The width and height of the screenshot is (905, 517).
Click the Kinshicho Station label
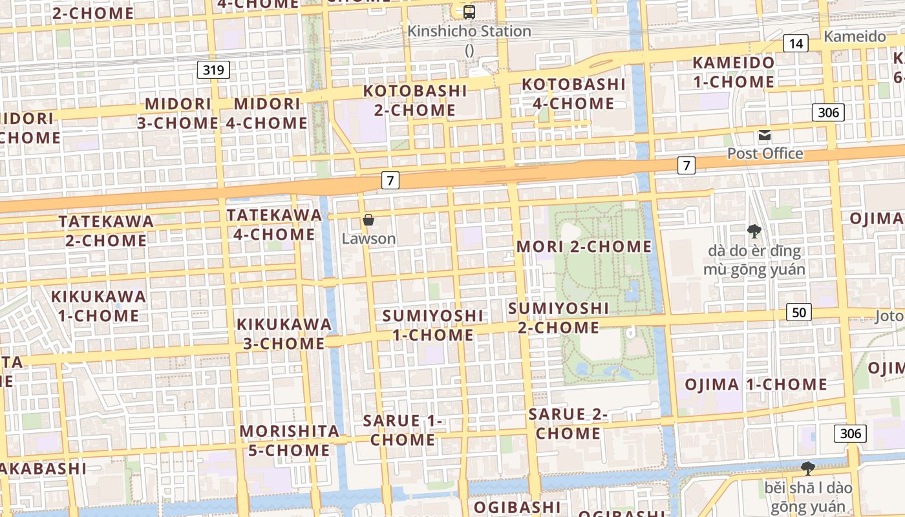[469, 31]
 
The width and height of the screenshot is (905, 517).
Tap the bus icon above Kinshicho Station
[469, 12]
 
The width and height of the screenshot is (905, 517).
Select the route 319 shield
[213, 70]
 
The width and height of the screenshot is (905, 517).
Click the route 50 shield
[800, 313]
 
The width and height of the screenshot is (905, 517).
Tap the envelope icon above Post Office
[765, 136]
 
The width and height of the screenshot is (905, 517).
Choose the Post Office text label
[765, 154]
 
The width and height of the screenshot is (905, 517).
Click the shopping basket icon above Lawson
[368, 220]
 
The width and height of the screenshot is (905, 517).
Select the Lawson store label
[368, 238]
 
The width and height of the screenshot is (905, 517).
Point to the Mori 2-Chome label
[584, 246]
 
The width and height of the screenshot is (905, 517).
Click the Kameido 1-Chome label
[733, 72]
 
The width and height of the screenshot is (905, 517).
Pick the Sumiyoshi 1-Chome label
[432, 325]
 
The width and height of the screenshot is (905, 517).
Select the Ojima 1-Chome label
[756, 385]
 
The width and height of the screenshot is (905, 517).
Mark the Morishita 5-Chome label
[289, 440]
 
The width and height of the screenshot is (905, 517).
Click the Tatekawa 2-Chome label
[107, 231]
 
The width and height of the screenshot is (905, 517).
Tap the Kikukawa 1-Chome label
[99, 306]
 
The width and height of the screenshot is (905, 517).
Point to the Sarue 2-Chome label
[568, 423]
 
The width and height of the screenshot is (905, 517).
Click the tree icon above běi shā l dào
[807, 468]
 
